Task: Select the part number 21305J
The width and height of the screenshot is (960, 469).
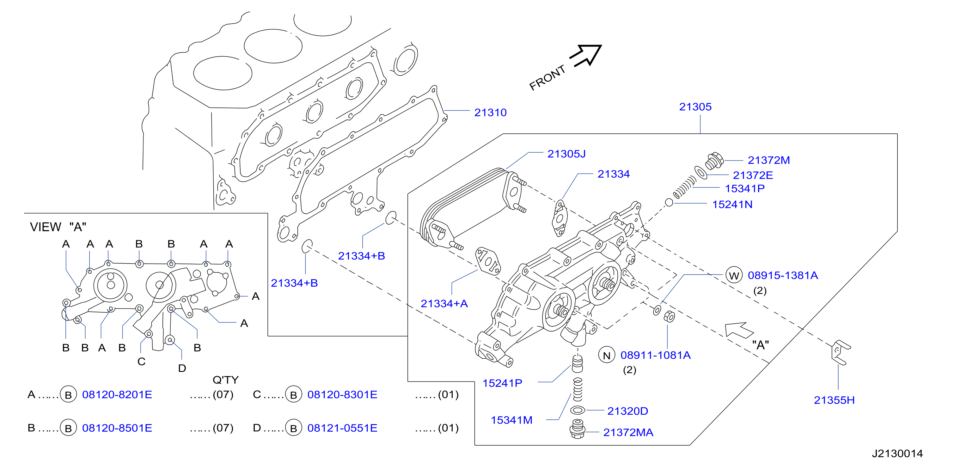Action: [566, 154]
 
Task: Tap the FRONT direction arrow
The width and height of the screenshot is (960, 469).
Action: [585, 56]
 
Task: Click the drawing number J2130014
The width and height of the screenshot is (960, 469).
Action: [897, 453]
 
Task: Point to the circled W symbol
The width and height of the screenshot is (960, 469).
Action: [734, 276]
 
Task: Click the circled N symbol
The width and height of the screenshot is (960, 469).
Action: [607, 355]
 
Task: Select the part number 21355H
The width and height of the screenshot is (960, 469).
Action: [834, 400]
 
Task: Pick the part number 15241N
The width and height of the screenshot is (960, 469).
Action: [732, 204]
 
